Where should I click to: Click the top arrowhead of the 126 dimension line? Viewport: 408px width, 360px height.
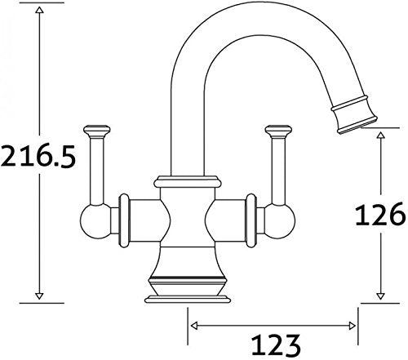(x=380, y=134)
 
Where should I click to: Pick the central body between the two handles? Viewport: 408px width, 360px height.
(x=188, y=220)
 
